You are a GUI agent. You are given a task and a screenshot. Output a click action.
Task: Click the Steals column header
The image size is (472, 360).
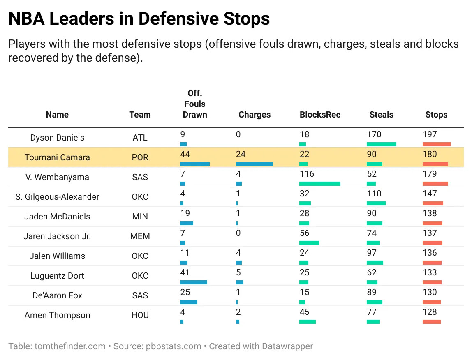coord(381,115)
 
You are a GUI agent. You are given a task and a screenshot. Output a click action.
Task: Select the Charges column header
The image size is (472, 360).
coord(254,115)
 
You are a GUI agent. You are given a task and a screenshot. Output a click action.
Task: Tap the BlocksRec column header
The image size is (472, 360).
coord(320,115)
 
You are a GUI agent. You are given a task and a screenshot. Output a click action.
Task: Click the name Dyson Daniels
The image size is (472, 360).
coord(57,138)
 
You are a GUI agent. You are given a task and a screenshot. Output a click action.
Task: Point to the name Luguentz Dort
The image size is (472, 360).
coord(57,276)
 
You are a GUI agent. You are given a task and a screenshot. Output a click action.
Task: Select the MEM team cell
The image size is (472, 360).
coord(140,236)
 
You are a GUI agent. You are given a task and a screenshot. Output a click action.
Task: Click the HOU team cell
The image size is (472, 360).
coord(140,315)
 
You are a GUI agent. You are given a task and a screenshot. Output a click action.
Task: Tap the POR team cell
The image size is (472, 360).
coord(140,157)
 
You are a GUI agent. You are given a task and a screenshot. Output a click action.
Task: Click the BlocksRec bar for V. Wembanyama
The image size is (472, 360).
coord(319,184)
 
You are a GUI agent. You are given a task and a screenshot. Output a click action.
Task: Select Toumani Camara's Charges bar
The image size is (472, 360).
coord(254,164)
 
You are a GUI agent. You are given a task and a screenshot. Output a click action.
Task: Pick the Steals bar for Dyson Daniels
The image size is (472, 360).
coord(381,144)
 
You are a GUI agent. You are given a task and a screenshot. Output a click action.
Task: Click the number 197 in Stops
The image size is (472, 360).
coord(429,134)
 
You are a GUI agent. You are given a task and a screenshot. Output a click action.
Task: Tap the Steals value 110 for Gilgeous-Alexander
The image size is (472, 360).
coord(374,194)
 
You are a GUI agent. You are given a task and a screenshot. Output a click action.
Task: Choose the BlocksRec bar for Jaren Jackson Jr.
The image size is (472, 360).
coord(309,243)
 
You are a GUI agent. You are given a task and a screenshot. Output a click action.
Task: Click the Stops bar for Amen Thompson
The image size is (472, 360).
coord(431,322)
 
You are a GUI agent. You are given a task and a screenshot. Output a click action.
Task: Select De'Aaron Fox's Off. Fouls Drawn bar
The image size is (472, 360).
coord(188,302)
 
